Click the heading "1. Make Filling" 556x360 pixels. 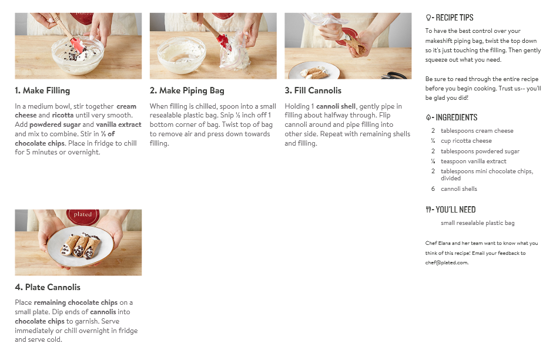[42, 90]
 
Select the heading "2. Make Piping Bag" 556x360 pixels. [187, 90]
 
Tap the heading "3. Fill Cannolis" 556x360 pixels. [313, 90]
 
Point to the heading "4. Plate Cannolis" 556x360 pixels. [48, 287]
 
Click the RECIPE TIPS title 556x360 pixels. [454, 18]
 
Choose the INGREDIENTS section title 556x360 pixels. [456, 117]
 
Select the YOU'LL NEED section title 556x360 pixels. [455, 210]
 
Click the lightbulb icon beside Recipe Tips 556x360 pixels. [428, 18]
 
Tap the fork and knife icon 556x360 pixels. [428, 210]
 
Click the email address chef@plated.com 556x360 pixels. [447, 263]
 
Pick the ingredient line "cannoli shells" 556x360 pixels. [459, 189]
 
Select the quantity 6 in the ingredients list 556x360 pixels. [433, 189]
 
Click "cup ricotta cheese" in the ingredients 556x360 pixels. [466, 141]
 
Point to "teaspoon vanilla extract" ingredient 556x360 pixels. [473, 162]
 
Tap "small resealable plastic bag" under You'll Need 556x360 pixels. [478, 223]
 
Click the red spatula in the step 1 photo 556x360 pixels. [77, 45]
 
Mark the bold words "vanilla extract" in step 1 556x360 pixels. [119, 125]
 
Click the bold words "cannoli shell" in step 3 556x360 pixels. [336, 106]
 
